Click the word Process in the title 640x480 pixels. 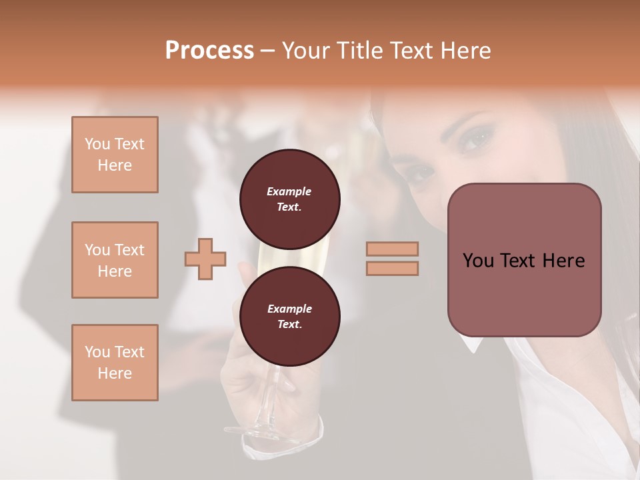[209, 51]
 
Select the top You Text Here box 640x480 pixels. [115, 155]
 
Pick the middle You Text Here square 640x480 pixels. [115, 260]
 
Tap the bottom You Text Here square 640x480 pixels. [115, 363]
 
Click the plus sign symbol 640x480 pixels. [205, 258]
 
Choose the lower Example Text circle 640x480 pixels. [289, 316]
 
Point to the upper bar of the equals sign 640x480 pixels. [392, 249]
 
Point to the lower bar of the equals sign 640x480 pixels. [392, 268]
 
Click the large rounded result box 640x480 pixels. [524, 260]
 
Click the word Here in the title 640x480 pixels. [465, 51]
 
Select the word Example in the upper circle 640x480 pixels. [289, 191]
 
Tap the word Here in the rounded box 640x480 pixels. [563, 261]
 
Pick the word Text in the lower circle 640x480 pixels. [289, 325]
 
